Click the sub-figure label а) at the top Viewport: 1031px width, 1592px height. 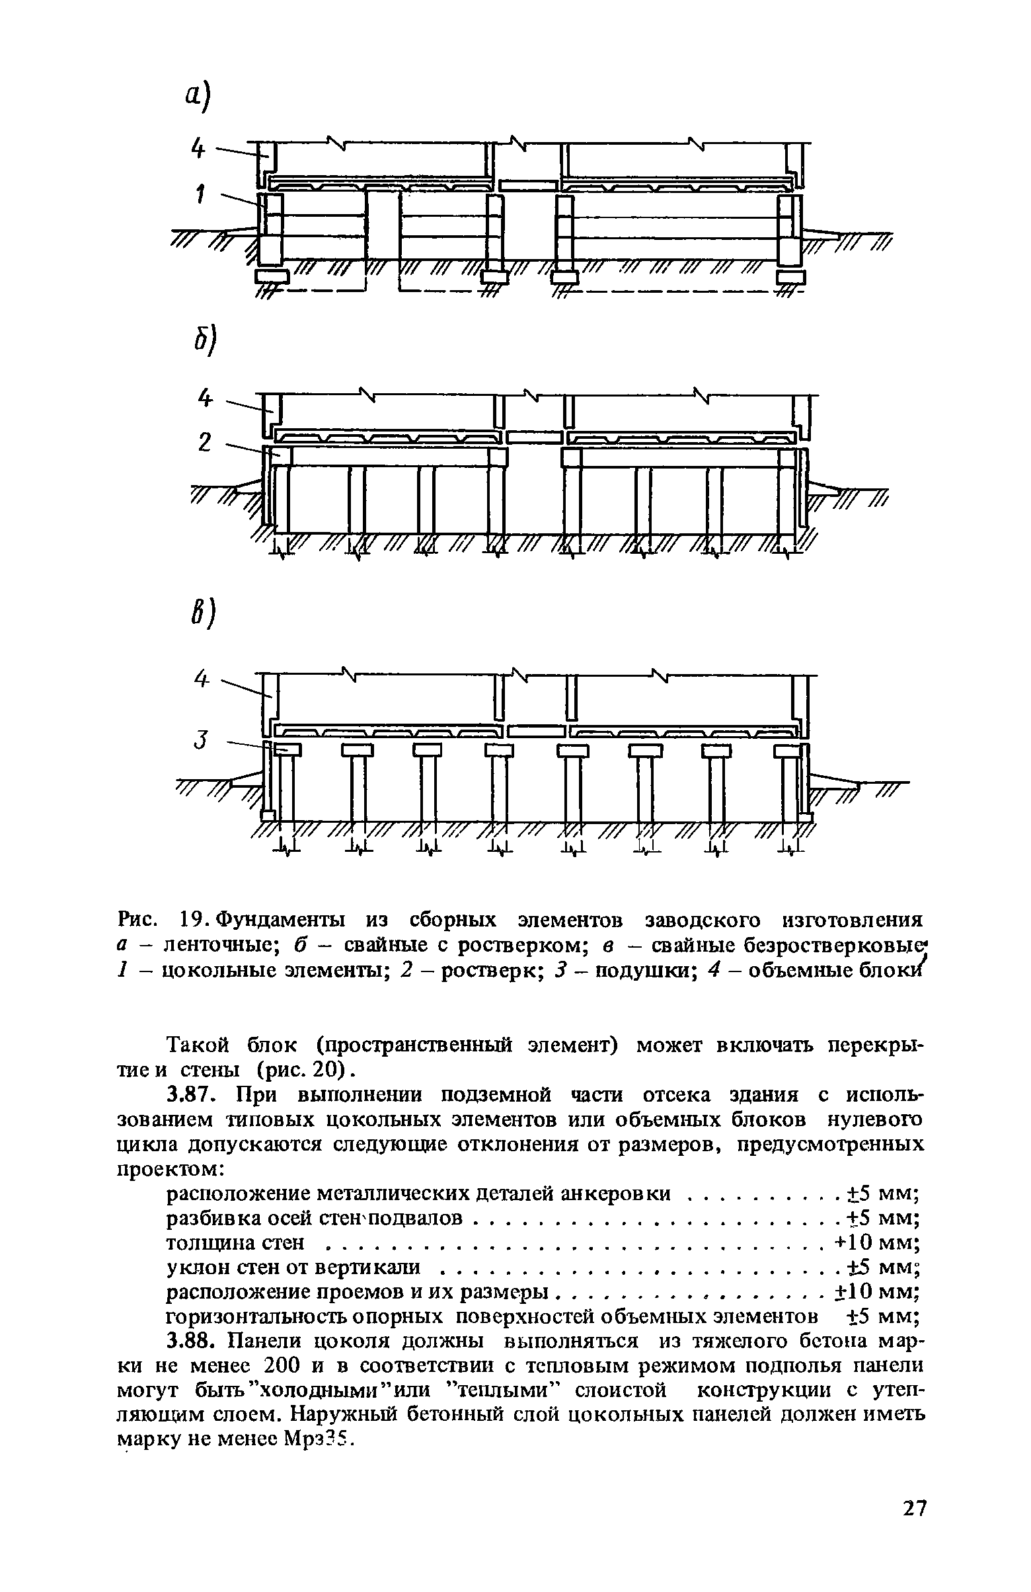pyautogui.click(x=198, y=96)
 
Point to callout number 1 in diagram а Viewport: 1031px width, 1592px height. pyautogui.click(x=200, y=195)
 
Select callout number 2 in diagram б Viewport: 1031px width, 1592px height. pyautogui.click(x=205, y=442)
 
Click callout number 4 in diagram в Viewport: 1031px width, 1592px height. pyautogui.click(x=202, y=678)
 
